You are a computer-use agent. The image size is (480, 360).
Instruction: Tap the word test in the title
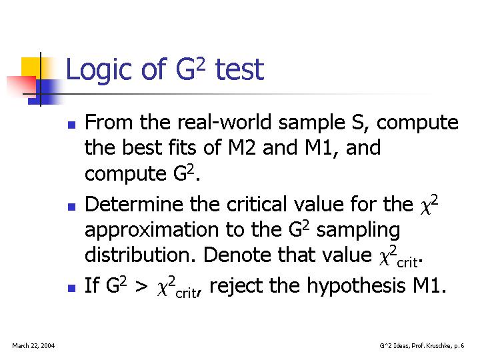tap(240, 69)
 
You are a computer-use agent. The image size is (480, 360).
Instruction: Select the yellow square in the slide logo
tap(31, 68)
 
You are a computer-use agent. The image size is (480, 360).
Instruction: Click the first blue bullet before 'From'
tap(71, 125)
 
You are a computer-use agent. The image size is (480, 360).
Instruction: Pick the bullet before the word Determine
tap(71, 207)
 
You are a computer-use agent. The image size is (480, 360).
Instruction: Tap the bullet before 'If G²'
tap(71, 288)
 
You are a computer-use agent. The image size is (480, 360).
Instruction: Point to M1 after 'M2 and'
tap(319, 147)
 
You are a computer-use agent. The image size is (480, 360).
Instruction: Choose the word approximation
tap(151, 231)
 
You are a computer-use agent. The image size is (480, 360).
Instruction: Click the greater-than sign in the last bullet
tap(141, 287)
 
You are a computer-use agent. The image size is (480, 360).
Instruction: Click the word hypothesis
tap(356, 286)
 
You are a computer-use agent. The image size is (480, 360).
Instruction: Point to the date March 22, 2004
tap(33, 346)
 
